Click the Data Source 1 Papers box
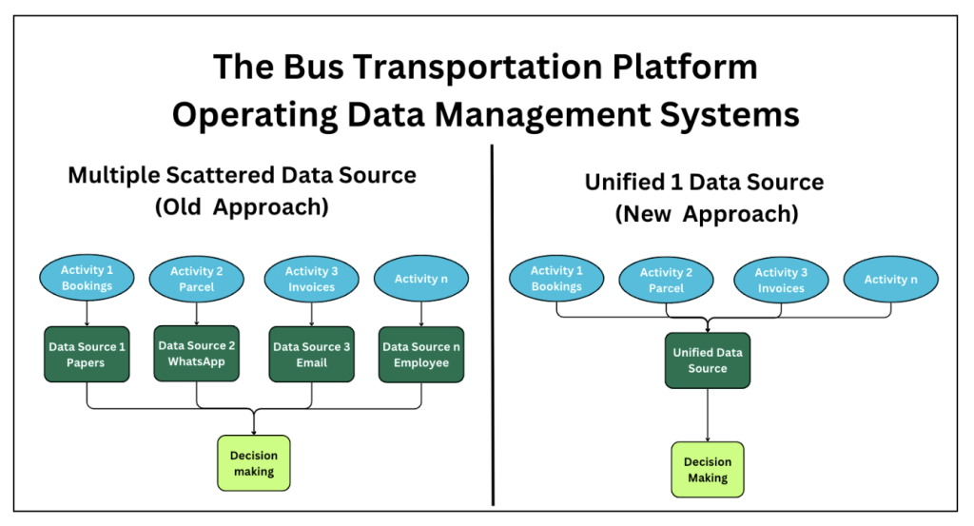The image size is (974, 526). pos(87,354)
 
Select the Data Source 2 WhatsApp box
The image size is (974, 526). pos(196,353)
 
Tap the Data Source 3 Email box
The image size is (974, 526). pos(311,354)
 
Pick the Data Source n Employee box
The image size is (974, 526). pos(421,355)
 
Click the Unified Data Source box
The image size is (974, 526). pos(708,360)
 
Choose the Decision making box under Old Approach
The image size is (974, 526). pos(253,463)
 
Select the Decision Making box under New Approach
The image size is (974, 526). pos(708,470)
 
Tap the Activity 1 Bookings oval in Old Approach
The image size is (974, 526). pos(87,278)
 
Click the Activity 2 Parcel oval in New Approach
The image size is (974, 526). pos(666,280)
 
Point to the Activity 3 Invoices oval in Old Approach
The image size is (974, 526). pos(311,279)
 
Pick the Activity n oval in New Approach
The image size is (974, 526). pos(890,280)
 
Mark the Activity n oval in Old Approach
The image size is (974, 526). pos(421,278)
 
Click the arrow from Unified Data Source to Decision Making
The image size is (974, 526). pos(708,416)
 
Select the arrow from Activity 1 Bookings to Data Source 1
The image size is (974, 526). pos(87,314)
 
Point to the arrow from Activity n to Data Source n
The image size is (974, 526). pos(421,314)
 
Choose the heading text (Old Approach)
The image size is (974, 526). pos(242,207)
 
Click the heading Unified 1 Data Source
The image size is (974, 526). pos(705,182)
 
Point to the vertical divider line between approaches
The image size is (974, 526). pos(492,325)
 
